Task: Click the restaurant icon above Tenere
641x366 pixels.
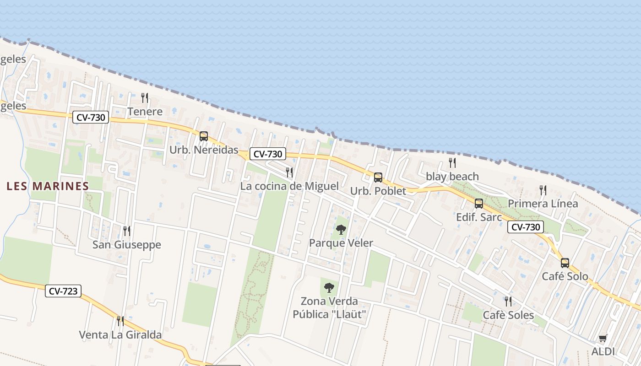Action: (145, 97)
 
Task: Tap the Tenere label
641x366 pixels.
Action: (145, 112)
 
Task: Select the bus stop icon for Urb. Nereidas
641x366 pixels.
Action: (204, 136)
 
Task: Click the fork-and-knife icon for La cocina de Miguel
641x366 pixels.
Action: (289, 172)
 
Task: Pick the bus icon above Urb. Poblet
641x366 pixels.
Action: (378, 178)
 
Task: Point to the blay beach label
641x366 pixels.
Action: (452, 177)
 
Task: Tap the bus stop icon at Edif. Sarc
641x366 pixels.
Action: (479, 204)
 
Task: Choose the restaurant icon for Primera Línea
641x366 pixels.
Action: (543, 190)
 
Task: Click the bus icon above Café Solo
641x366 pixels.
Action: (565, 263)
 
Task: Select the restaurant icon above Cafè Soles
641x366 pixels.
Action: (508, 301)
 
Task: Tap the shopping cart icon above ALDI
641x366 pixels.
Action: (603, 339)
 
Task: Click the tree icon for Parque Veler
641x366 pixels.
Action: (341, 229)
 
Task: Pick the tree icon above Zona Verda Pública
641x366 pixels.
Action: (329, 288)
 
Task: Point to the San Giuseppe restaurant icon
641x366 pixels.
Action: (127, 231)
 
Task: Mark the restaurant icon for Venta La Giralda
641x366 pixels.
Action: (120, 321)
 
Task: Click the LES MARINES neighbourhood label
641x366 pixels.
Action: (48, 186)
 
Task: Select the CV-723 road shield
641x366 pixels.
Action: (63, 291)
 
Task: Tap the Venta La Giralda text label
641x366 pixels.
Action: (120, 335)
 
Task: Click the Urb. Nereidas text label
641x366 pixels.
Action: (204, 150)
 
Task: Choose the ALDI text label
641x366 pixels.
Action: (603, 352)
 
